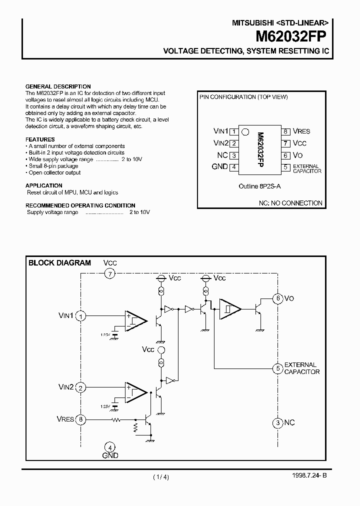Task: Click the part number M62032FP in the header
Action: pyautogui.click(x=291, y=36)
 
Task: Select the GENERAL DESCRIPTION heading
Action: pyautogui.click(x=58, y=86)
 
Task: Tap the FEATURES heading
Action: pyautogui.click(x=40, y=139)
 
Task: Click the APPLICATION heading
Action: pyautogui.click(x=43, y=185)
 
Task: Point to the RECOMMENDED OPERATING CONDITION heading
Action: pyautogui.click(x=80, y=205)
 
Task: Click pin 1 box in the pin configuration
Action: pyautogui.click(x=233, y=131)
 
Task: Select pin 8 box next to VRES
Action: pyautogui.click(x=285, y=131)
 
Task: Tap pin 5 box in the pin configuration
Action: pyautogui.click(x=285, y=167)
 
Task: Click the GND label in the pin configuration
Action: pyautogui.click(x=219, y=167)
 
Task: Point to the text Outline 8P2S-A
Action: pyautogui.click(x=259, y=186)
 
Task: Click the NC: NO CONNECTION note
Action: pyautogui.click(x=290, y=203)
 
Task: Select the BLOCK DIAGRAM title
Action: pyautogui.click(x=59, y=262)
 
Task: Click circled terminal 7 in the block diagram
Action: pyautogui.click(x=110, y=273)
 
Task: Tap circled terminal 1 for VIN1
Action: pyautogui.click(x=81, y=315)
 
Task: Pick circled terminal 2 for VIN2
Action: pyautogui.click(x=81, y=387)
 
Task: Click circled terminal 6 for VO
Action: pyautogui.click(x=277, y=298)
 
